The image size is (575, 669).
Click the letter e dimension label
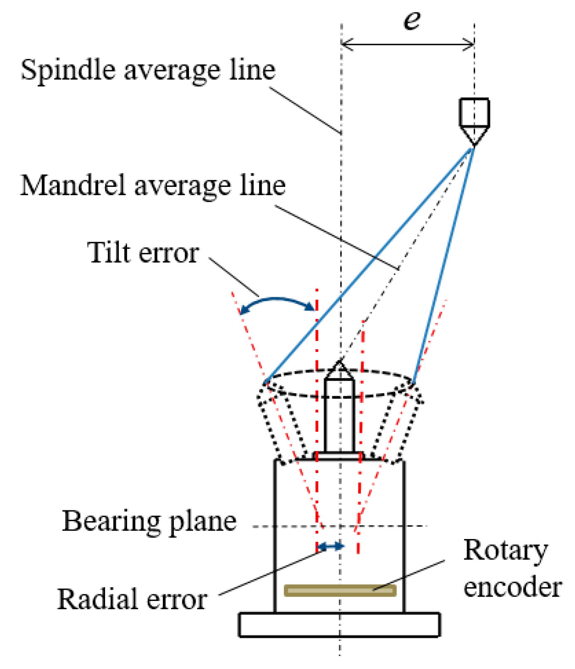click(412, 20)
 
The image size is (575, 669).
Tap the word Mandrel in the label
click(73, 185)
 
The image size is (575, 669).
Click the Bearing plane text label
click(149, 521)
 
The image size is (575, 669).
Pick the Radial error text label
click(132, 599)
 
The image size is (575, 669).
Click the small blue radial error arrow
click(330, 546)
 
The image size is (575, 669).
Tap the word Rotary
click(505, 551)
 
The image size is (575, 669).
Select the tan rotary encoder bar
click(340, 590)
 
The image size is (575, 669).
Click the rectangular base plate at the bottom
click(339, 625)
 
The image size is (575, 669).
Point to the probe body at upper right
click(474, 112)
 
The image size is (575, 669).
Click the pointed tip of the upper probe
click(474, 144)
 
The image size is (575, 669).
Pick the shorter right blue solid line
click(443, 266)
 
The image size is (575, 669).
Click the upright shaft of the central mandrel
click(339, 415)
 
